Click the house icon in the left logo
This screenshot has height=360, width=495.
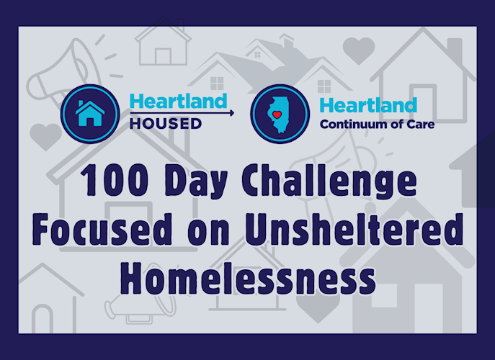(x=90, y=113)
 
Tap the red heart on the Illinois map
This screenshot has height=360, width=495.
(x=277, y=115)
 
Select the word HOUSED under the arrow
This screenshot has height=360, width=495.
(x=166, y=124)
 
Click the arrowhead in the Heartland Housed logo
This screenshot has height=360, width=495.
(x=232, y=112)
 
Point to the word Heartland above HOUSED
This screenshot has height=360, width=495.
(x=179, y=101)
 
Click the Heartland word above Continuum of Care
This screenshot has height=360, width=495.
(x=368, y=105)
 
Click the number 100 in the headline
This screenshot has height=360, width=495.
(x=115, y=180)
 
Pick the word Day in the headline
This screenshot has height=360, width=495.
(x=196, y=181)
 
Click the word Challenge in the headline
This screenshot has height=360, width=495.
(x=329, y=181)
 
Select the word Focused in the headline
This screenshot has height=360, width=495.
(x=102, y=229)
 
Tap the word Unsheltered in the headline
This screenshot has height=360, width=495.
(x=354, y=229)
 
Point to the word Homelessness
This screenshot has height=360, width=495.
(x=248, y=278)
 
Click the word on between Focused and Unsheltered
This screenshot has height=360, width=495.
(x=208, y=233)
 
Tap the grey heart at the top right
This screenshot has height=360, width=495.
(x=359, y=51)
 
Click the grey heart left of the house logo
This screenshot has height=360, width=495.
(x=45, y=136)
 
